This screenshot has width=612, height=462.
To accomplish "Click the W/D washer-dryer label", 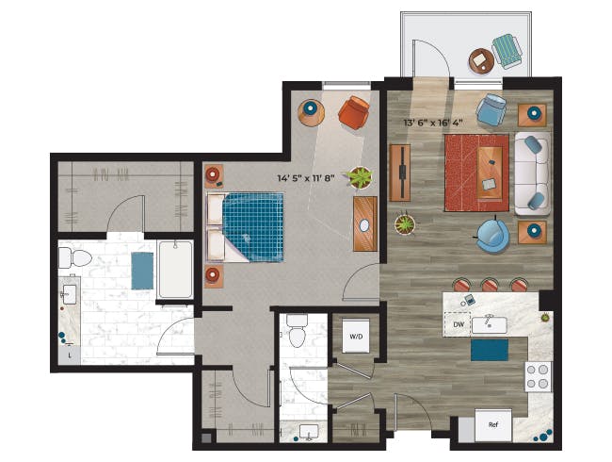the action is (356, 337).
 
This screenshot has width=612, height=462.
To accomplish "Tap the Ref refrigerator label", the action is (493, 425).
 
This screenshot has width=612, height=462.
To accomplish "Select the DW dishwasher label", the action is (459, 324).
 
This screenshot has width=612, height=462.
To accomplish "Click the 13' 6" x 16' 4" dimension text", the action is (433, 123).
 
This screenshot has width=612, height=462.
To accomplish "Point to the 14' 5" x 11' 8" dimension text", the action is (306, 178).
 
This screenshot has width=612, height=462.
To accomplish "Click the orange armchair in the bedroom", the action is (354, 112).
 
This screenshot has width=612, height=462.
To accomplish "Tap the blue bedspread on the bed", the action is (253, 226).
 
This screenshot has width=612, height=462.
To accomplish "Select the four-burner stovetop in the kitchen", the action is (538, 377).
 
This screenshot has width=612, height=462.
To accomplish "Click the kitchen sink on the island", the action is (490, 325).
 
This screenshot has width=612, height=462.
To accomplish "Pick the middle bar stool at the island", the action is (490, 285).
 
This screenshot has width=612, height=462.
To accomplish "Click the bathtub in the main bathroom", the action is (175, 270).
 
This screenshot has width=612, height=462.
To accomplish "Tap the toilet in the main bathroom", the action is (75, 258).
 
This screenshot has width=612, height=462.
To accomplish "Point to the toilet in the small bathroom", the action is (297, 330).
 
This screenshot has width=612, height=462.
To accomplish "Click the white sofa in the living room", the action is (532, 173).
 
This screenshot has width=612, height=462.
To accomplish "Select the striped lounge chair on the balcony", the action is (507, 51).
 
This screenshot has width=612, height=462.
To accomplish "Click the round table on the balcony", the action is (481, 60).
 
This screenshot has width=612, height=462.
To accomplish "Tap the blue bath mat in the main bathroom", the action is (142, 271).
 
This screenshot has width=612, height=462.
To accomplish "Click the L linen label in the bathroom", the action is (70, 355).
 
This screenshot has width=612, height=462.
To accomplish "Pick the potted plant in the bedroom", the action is (360, 178).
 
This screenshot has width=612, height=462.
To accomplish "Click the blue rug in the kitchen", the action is (490, 350).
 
